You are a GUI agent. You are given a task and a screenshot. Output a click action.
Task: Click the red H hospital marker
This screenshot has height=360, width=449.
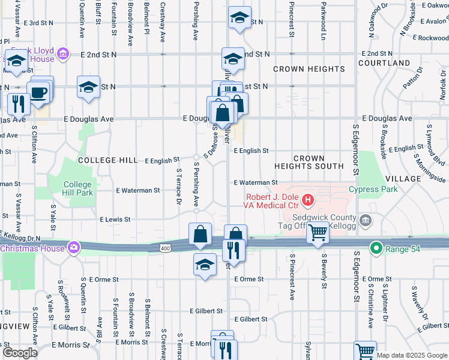[308, 199]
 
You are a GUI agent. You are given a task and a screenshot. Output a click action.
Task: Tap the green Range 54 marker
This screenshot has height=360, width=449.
[376, 247]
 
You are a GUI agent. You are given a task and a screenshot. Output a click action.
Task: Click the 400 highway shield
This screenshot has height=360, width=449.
[165, 248]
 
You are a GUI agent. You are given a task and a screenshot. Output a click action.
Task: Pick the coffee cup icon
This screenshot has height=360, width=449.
[39, 94]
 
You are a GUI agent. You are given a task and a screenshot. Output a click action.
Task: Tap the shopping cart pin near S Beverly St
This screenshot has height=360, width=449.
[318, 232]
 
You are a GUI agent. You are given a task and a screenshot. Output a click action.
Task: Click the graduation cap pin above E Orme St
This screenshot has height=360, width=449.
[205, 264]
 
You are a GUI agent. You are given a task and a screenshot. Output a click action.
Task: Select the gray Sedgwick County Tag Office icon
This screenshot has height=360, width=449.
[366, 223]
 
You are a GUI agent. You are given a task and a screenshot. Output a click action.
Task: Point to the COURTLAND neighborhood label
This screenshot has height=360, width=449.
[384, 63]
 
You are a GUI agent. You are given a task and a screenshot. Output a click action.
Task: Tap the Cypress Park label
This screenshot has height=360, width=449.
[373, 190]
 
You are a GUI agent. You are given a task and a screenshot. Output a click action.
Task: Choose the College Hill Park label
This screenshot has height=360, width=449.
[78, 189]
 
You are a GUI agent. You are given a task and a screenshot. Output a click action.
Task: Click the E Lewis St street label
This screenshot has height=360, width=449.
[115, 220]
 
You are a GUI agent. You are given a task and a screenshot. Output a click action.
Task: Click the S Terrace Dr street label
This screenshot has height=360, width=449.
[179, 186]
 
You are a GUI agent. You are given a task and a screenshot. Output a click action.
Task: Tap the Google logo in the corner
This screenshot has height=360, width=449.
[20, 353]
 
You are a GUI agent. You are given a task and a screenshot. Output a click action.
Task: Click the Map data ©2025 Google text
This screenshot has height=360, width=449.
[412, 355]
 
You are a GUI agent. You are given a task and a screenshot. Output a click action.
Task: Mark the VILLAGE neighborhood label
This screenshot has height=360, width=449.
[403, 179]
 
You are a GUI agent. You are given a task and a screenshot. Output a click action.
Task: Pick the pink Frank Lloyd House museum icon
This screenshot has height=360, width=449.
[62, 56]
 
